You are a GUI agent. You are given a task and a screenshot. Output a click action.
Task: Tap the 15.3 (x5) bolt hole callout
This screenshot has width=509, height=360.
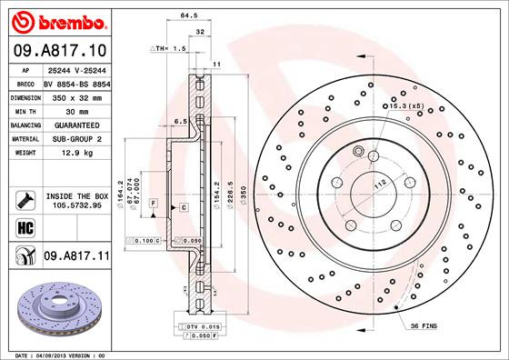click(x=406, y=107)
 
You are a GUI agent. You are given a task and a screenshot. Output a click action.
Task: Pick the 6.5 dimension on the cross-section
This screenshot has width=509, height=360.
click(x=180, y=120)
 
